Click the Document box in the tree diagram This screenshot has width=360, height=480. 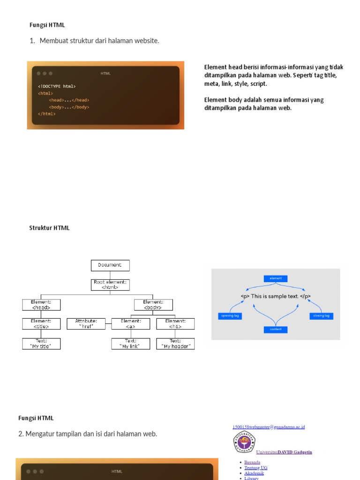110,265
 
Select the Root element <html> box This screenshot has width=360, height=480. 110,285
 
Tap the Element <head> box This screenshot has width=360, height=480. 41,305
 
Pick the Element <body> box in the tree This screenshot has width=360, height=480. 153,305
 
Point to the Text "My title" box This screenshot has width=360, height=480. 41,344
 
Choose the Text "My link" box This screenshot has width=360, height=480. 131,344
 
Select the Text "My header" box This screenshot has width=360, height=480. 175,344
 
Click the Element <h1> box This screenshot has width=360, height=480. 175,323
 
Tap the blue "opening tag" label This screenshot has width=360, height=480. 230,316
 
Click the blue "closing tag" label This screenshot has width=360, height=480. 322,316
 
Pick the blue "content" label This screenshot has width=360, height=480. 276,330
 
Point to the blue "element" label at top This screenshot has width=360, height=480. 276,278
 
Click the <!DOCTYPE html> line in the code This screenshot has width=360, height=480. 57,86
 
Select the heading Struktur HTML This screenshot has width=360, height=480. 49,228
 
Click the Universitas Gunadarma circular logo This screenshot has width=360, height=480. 244,442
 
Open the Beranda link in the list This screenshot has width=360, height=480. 252,462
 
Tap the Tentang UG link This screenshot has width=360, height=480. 256,468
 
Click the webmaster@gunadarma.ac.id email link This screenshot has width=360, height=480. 269,427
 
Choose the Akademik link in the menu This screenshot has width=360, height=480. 254,473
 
